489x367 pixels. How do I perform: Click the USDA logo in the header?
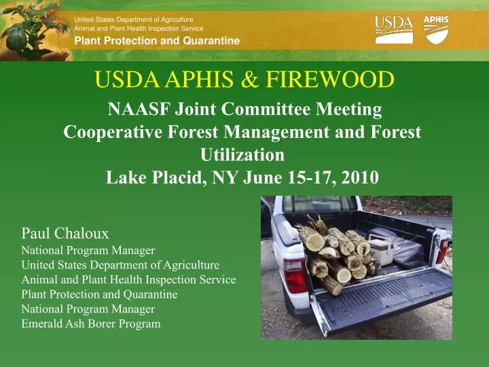tap(393, 30)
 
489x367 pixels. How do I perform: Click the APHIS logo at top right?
tap(436, 29)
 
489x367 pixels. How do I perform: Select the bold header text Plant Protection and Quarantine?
tap(157, 41)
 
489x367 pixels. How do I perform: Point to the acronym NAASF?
tap(139, 109)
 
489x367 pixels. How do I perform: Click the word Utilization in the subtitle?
tap(242, 155)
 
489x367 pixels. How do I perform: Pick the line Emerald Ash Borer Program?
tap(91, 324)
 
